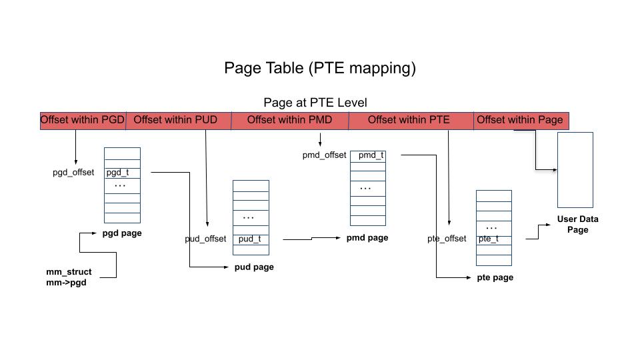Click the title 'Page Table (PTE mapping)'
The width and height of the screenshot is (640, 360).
pyautogui.click(x=320, y=68)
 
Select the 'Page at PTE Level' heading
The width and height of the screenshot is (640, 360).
pyautogui.click(x=315, y=103)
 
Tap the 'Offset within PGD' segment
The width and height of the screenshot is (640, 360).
pyautogui.click(x=83, y=121)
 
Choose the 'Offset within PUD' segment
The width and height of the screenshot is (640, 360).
pyautogui.click(x=176, y=121)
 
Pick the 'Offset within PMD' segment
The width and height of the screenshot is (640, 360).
pyautogui.click(x=289, y=121)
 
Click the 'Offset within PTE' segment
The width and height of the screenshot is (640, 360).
pyautogui.click(x=409, y=121)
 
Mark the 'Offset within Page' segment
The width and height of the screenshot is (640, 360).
pyautogui.click(x=520, y=121)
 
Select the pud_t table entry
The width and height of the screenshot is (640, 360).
pyautogui.click(x=250, y=239)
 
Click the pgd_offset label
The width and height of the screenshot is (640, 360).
pyautogui.click(x=73, y=172)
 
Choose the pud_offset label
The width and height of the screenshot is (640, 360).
pyautogui.click(x=205, y=239)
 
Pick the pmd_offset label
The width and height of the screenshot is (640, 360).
pyautogui.click(x=324, y=155)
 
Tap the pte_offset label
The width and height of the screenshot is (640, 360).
pyautogui.click(x=447, y=239)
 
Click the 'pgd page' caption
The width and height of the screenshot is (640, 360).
pyautogui.click(x=122, y=233)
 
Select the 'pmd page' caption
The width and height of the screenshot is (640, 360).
pyautogui.click(x=367, y=238)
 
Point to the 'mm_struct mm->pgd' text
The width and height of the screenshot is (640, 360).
pyautogui.click(x=69, y=277)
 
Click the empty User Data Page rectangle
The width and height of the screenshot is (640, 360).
pyautogui.click(x=575, y=170)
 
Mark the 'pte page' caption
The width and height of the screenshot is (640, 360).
pyautogui.click(x=495, y=277)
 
